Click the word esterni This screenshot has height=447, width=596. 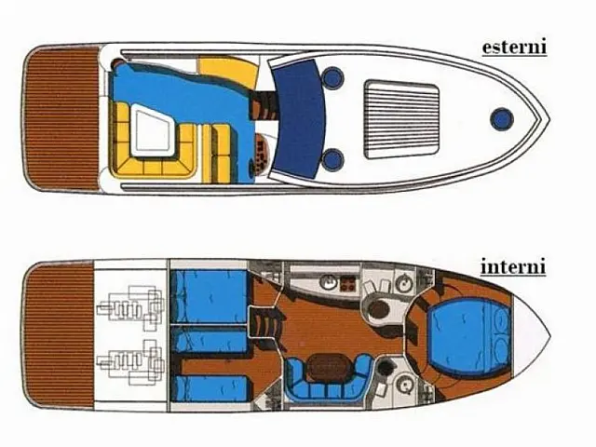514,47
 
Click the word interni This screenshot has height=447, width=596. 513,266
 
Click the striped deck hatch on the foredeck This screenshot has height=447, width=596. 401,119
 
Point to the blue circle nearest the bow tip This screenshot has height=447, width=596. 501,118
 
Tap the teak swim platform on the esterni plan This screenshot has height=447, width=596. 62,118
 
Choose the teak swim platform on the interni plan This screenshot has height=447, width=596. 59,335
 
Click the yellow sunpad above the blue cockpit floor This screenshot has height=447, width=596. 228,73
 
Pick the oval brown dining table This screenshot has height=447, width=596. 327,369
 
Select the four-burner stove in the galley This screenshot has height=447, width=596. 347,283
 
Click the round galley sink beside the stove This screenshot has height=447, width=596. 327,282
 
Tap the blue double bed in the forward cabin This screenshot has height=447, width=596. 467,335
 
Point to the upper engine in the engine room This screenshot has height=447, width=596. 131,307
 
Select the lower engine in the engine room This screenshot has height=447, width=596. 131,362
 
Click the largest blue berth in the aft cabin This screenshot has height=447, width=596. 209,296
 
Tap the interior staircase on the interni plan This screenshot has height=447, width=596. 264,324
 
